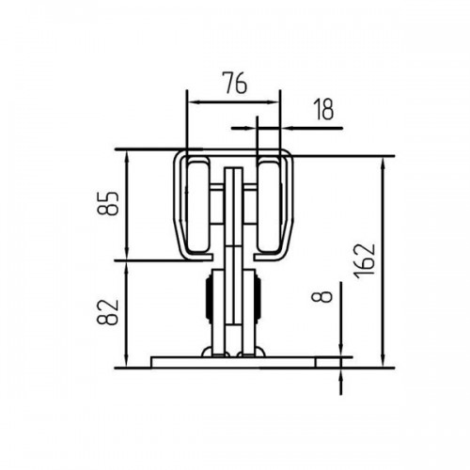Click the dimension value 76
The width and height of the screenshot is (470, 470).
click(x=235, y=83)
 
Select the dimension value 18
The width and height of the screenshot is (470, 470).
click(x=323, y=109)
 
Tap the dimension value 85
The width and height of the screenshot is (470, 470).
click(x=108, y=203)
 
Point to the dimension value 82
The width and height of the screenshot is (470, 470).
click(x=108, y=312)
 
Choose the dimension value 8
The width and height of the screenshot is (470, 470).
click(x=321, y=296)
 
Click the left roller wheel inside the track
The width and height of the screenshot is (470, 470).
click(x=198, y=207)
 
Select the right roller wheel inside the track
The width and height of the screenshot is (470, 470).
click(x=268, y=207)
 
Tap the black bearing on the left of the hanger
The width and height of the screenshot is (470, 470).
click(x=209, y=299)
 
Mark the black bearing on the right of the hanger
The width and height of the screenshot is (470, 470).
click(x=258, y=299)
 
